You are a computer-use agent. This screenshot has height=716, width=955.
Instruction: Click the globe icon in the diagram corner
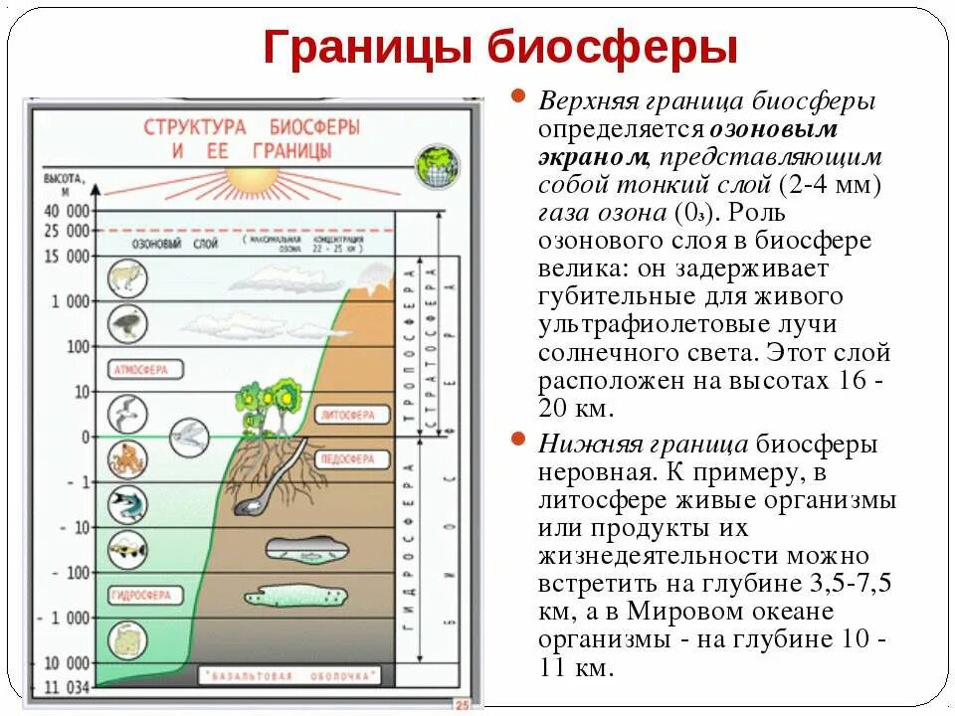(x=437, y=164)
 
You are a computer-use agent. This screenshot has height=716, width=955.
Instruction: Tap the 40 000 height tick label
(x=65, y=212)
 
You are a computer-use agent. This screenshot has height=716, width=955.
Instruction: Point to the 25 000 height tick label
(x=65, y=231)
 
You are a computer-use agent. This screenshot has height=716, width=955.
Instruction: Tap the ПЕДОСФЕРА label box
(x=346, y=459)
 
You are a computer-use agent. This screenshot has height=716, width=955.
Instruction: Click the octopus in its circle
(x=127, y=459)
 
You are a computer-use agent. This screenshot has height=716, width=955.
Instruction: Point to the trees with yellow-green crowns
(x=269, y=403)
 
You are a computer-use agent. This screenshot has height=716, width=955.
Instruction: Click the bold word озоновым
(x=773, y=129)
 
